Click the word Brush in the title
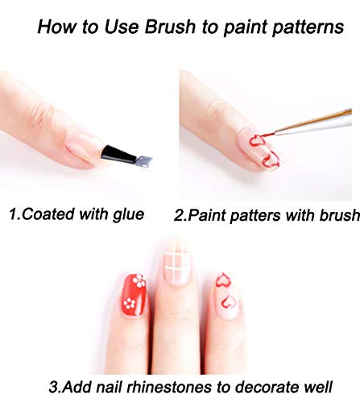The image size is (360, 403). tap(170, 27)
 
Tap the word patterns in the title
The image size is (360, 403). tap(308, 28)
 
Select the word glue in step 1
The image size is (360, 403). tap(128, 215)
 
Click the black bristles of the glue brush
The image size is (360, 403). tap(118, 155)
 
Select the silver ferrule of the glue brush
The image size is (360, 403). tap(143, 162)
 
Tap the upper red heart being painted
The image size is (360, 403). tap(257, 140)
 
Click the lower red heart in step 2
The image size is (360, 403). tap(271, 160)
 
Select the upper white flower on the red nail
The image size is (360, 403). tap(139, 280)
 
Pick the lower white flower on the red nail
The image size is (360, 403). tap(129, 303)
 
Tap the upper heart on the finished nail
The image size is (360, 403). tap(223, 280)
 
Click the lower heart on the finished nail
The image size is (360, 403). tap(228, 301)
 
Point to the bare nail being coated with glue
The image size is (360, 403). tap(83, 149)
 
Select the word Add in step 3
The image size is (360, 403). tap(78, 387)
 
